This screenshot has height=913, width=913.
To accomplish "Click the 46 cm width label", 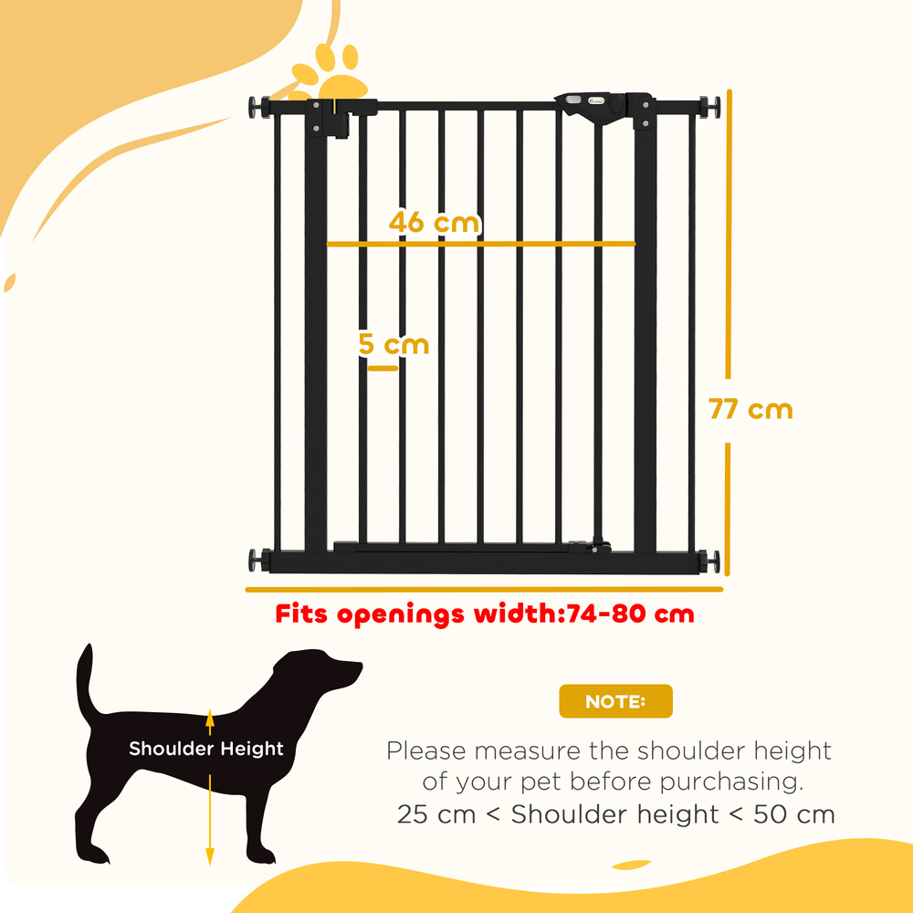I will [x=434, y=222].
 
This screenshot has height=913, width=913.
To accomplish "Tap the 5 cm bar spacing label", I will [x=394, y=345].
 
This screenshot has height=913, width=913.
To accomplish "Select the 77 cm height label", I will [x=750, y=409].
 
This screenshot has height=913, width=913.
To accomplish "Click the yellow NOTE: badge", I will [x=615, y=701].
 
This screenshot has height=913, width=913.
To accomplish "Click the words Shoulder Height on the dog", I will [x=206, y=750].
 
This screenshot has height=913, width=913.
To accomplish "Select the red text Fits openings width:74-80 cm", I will [x=485, y=614].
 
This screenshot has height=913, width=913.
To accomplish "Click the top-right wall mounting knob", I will [x=710, y=106].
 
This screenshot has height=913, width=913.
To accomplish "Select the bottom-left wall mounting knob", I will [x=257, y=561].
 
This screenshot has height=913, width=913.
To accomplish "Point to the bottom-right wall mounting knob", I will [x=710, y=561].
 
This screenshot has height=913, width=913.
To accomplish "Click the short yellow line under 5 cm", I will [x=378, y=368].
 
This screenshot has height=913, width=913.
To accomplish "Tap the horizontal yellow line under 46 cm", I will [x=480, y=244].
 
